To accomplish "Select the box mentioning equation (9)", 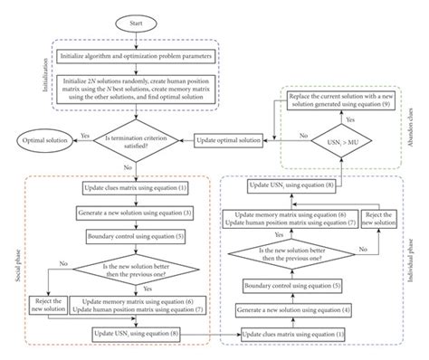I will point(338,100).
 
